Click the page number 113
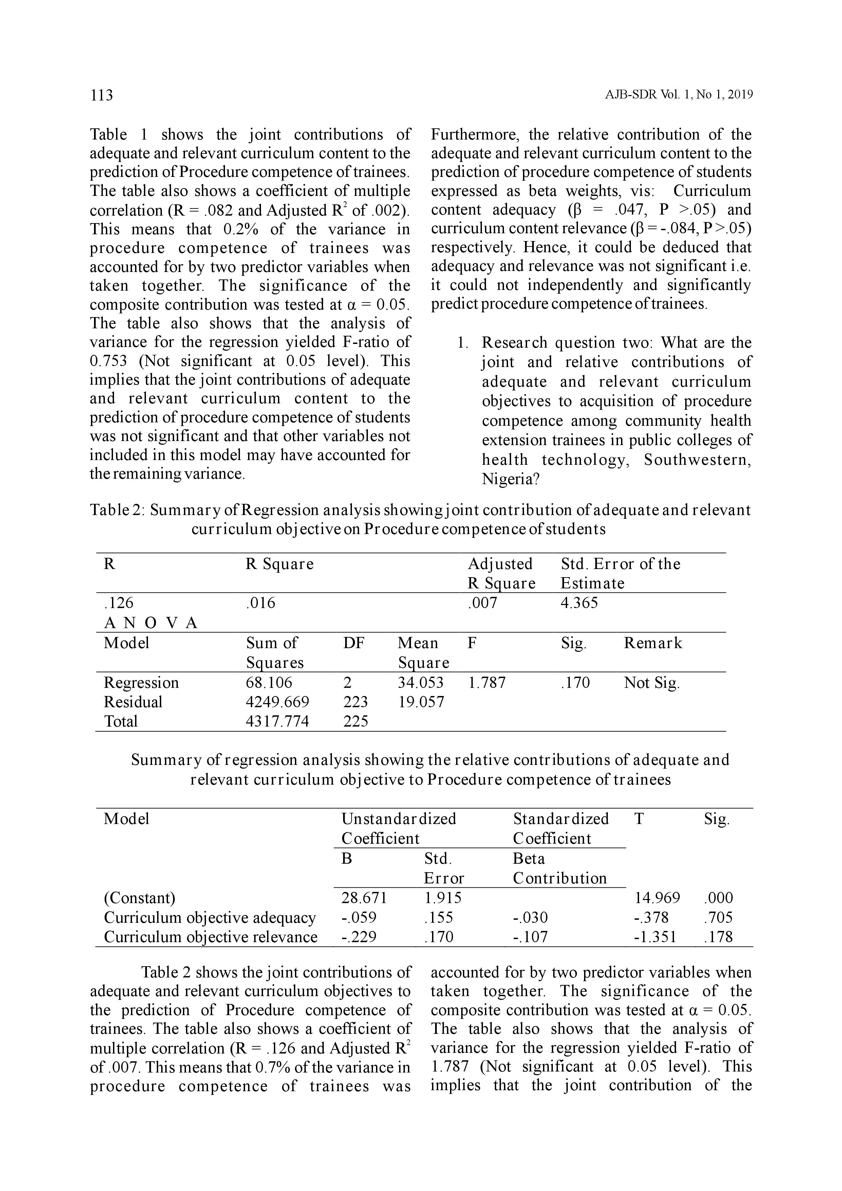101,95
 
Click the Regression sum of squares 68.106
269,683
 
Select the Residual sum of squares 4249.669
277,702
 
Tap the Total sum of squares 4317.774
277,721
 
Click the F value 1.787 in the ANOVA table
486,683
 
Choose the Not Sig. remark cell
652,683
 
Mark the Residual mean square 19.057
421,702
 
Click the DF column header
354,643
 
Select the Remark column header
653,643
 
